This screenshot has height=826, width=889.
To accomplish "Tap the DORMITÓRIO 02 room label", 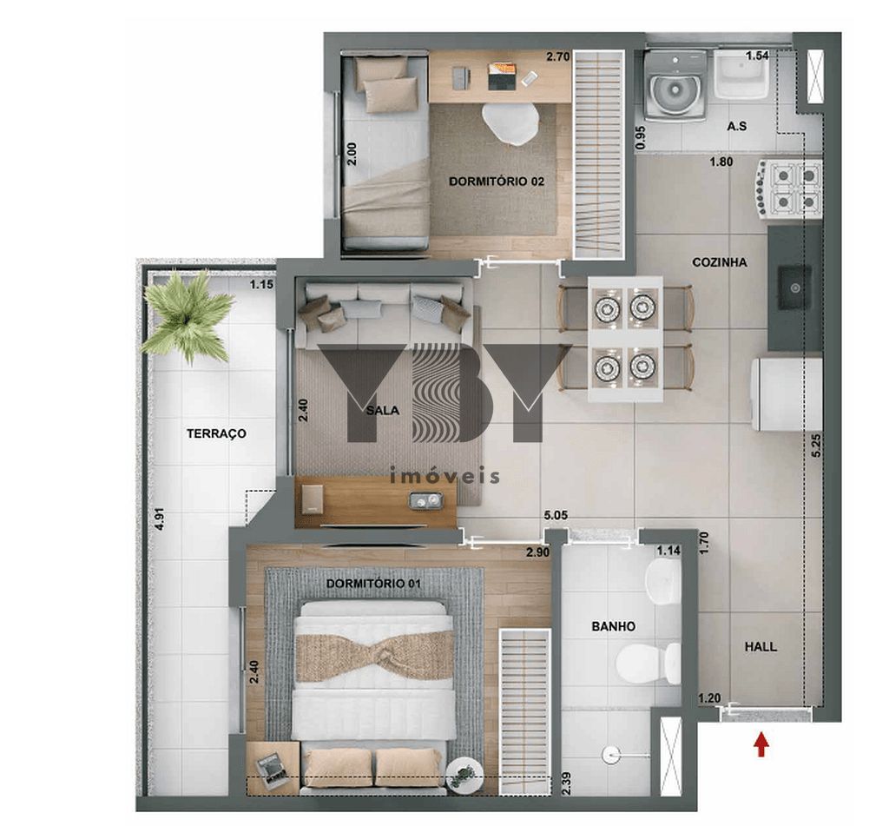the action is [497, 182].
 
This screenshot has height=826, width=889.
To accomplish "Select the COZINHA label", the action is [720, 262].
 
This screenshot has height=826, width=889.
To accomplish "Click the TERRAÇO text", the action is [216, 434].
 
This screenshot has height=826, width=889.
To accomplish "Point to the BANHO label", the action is [614, 627].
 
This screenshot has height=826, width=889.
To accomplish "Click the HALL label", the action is [761, 647].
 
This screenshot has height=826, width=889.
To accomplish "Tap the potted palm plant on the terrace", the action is [188, 316].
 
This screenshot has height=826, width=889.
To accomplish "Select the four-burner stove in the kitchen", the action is [787, 189].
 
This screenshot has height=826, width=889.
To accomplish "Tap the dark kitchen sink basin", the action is [794, 287].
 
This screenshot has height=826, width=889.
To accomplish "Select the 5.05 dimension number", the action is [556, 516].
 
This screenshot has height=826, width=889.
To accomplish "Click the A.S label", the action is [736, 126].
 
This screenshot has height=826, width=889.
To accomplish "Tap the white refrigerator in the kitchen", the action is [787, 393].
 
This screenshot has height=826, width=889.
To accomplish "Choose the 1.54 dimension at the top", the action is [757, 55].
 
